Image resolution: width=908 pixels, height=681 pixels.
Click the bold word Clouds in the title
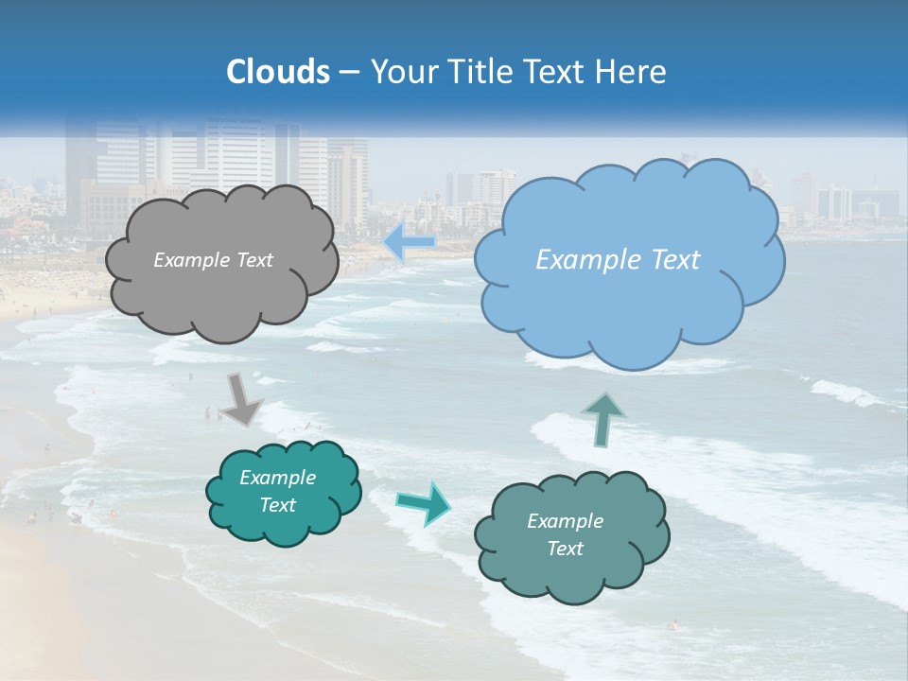278,72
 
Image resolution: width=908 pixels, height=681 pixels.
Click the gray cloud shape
221,293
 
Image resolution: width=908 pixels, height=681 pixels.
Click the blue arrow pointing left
409,242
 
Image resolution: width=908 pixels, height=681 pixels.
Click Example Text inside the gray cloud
213,260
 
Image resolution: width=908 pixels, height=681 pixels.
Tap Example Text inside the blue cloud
618,260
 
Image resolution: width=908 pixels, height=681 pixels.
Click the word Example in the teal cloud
277,478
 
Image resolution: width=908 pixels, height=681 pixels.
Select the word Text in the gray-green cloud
565,549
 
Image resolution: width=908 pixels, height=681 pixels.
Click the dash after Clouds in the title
348,72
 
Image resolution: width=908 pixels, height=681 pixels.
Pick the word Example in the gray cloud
189,260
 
